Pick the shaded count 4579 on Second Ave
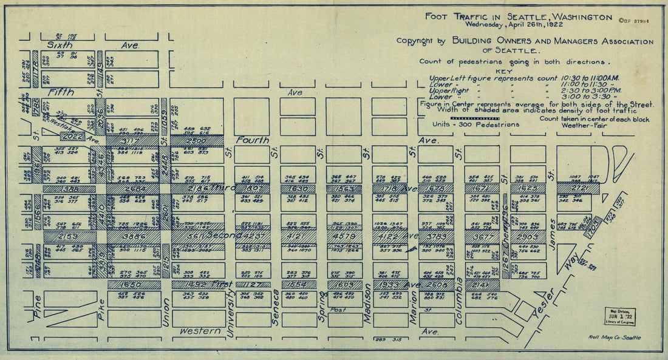pos(343,236)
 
